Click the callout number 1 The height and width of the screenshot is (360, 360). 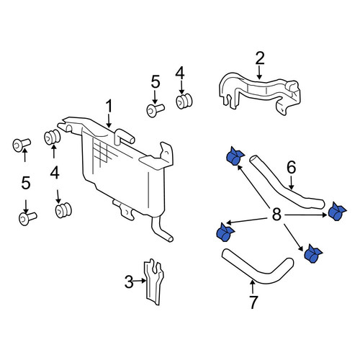coord(109,107)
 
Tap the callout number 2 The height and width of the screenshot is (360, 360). coord(260,58)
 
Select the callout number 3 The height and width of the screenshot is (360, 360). coord(129,282)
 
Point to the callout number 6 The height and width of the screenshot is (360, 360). coord(292,167)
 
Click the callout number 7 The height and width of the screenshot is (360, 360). coord(253,302)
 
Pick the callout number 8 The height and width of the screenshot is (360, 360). coord(276,215)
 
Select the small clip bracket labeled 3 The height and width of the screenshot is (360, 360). coord(153,282)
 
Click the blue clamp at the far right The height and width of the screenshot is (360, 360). coord(336,211)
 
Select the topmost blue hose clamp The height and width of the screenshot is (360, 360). coord(235,156)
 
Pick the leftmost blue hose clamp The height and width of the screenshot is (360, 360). coord(225,232)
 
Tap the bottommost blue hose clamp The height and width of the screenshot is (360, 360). coord(312,254)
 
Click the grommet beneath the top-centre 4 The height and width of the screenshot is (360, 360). coord(184,102)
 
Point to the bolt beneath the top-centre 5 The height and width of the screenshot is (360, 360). coord(155,110)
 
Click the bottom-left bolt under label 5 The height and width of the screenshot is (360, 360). coord(27,218)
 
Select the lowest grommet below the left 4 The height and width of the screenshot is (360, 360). coord(63,210)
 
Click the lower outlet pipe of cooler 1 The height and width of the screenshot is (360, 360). coord(161,228)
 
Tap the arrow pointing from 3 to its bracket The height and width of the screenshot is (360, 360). coord(140,280)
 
